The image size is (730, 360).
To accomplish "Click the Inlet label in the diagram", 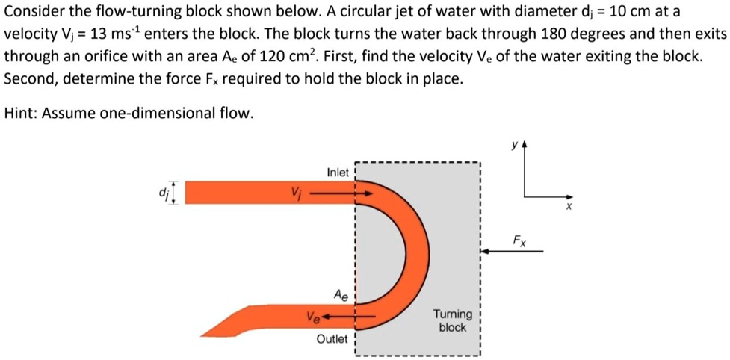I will (x=338, y=173).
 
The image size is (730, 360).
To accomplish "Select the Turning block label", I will (x=452, y=321).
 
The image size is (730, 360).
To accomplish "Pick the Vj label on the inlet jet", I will (x=296, y=193).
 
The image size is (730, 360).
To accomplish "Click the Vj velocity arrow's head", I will (x=368, y=193).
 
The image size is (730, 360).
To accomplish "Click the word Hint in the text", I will (x=20, y=113).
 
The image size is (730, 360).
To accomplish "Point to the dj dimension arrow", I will (x=175, y=192).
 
